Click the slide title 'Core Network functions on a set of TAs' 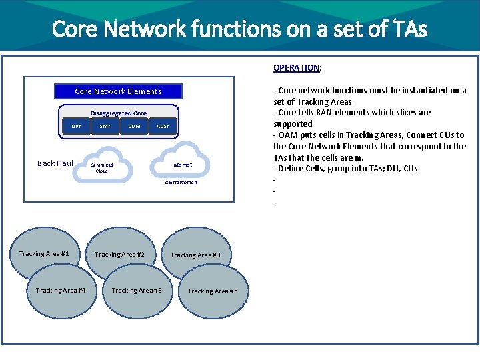239,29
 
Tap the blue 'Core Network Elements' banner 118,91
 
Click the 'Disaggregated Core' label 119,113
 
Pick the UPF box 77,126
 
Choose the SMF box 105,126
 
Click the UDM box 134,126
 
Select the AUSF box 163,126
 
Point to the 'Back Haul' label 55,163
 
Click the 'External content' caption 181,183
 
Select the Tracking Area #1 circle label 44,254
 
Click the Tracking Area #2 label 119,255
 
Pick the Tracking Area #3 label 191,255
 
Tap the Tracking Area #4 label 61,291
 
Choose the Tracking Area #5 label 137,291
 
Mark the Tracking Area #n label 208,291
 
